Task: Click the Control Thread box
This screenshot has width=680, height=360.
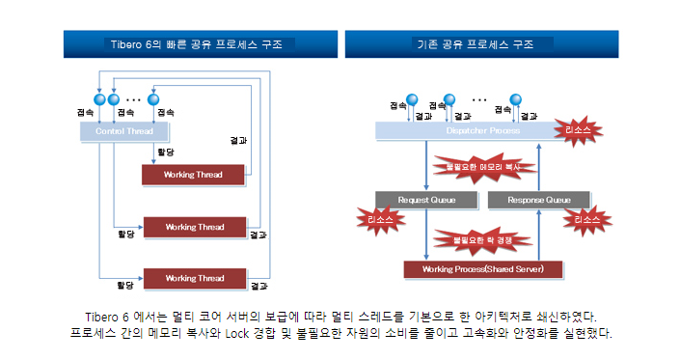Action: coord(125,129)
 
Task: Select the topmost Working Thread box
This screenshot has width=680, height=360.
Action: coord(194,175)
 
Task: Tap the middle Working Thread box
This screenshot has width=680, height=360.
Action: coord(194,227)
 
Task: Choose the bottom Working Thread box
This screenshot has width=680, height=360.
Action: coord(194,278)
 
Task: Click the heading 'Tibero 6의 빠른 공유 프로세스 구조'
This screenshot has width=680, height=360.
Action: coord(201,44)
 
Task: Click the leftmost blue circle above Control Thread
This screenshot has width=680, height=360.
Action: coord(98,99)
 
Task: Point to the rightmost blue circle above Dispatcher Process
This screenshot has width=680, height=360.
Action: coord(515,98)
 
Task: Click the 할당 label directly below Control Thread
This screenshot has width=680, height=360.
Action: coord(165,152)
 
